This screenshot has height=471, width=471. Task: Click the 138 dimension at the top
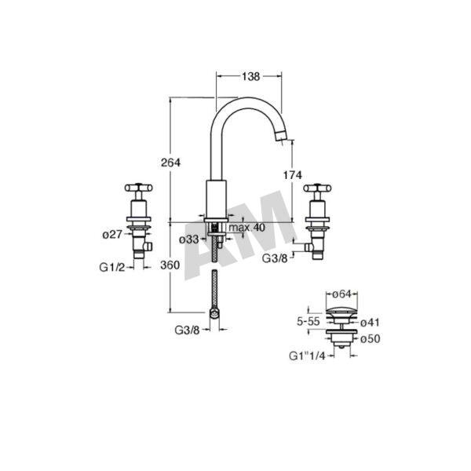coord(250,77)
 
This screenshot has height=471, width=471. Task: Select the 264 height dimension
coord(170,162)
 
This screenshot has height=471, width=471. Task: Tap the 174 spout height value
coord(292,175)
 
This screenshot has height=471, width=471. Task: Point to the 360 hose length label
coord(170,265)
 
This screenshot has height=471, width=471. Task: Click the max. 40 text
coord(247,228)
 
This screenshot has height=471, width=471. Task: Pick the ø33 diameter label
coord(189,239)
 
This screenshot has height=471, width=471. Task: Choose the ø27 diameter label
coord(112,234)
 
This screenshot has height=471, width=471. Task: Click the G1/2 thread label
coord(111,267)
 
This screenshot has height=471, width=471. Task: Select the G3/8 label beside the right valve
coord(275,258)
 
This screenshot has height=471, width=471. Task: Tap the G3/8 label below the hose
coord(187,330)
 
